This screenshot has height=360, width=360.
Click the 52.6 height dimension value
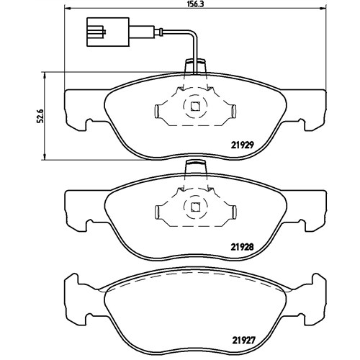coord(40,116)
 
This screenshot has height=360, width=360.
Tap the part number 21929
coord(243,145)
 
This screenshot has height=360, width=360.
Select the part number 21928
coord(243,247)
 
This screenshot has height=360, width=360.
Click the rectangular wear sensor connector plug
coord(108,32)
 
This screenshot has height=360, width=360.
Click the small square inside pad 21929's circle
coord(195,107)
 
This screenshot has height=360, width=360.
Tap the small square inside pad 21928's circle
coord(195,207)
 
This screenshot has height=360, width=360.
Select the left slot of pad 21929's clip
coord(158,112)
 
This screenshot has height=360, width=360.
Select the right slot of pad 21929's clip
coord(233,112)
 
